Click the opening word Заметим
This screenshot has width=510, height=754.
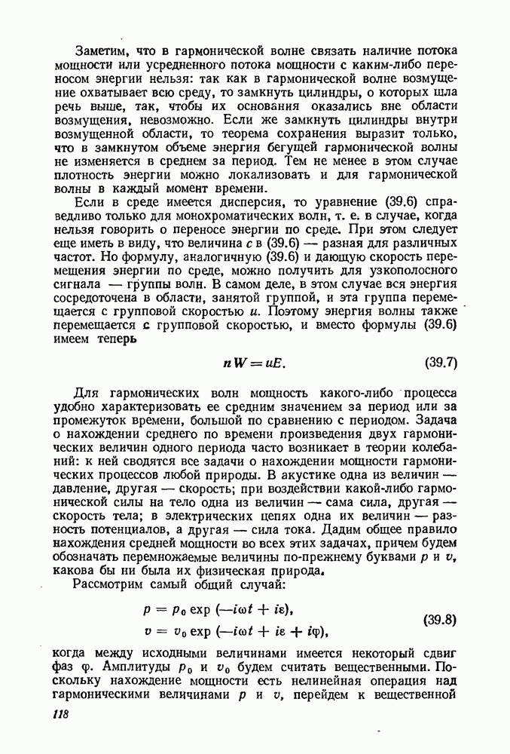[x=102, y=51]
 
